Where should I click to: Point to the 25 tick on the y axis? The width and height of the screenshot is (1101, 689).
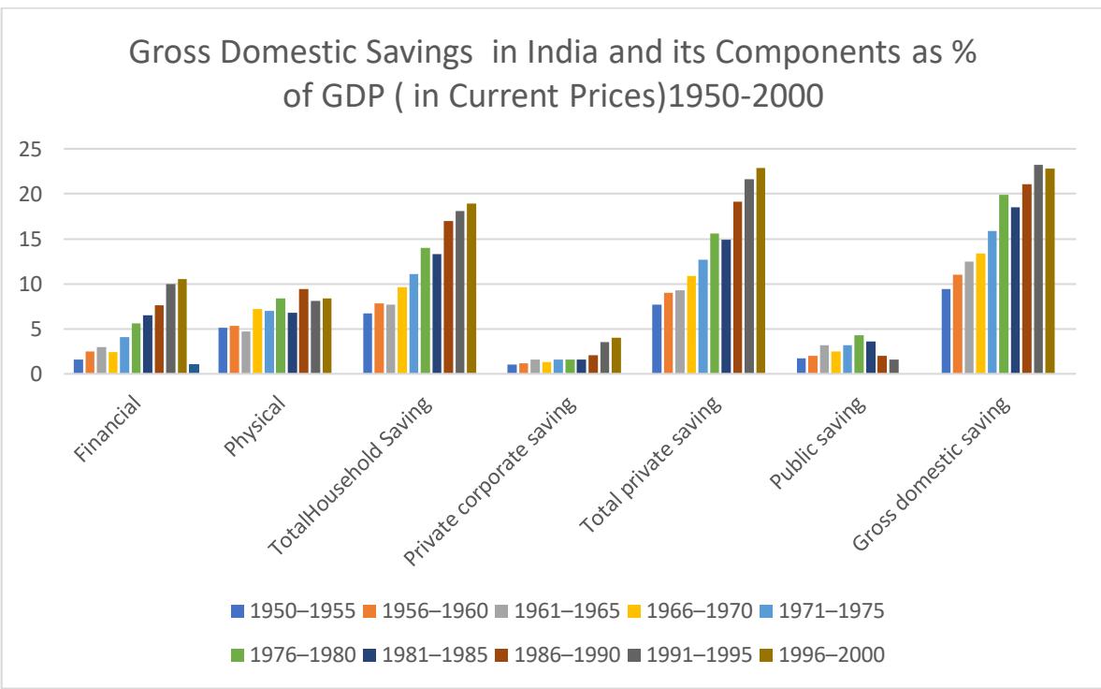click(34, 149)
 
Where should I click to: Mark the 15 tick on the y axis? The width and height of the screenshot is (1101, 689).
click(34, 239)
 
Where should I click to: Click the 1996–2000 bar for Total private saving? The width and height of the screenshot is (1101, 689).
click(760, 271)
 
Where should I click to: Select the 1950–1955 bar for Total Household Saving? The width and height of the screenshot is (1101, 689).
click(368, 344)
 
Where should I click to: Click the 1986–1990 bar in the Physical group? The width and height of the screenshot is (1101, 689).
click(304, 331)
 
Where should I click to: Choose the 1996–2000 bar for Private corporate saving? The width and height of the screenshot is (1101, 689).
click(616, 356)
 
